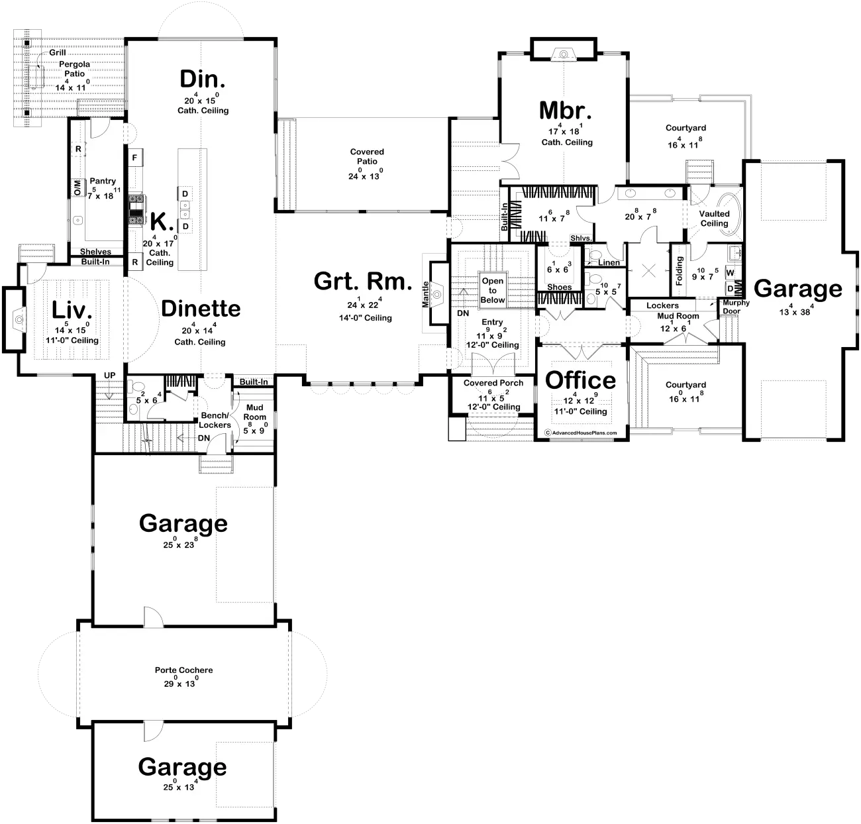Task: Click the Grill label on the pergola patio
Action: pyautogui.click(x=58, y=53)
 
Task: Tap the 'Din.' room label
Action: pyautogui.click(x=202, y=79)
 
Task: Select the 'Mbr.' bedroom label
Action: pyautogui.click(x=565, y=111)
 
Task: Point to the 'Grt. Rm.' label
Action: pyautogui.click(x=363, y=281)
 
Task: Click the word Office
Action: pyautogui.click(x=580, y=381)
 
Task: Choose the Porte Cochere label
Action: pyautogui.click(x=183, y=670)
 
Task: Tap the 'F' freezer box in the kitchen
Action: pyautogui.click(x=135, y=158)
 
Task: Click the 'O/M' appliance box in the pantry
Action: pyautogui.click(x=77, y=187)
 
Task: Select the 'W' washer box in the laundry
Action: pyautogui.click(x=730, y=273)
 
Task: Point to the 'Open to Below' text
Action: pyautogui.click(x=493, y=290)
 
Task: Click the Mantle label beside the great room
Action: pyautogui.click(x=426, y=294)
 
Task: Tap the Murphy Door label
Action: pyautogui.click(x=736, y=307)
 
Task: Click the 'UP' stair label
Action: pyautogui.click(x=110, y=376)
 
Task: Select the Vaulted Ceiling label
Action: pyautogui.click(x=714, y=219)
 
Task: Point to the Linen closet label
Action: pyautogui.click(x=609, y=262)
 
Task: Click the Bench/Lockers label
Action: pyautogui.click(x=215, y=421)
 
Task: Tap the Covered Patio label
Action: pyautogui.click(x=367, y=157)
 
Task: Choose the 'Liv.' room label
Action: pyautogui.click(x=72, y=310)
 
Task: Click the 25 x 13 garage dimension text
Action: pyautogui.click(x=179, y=788)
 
